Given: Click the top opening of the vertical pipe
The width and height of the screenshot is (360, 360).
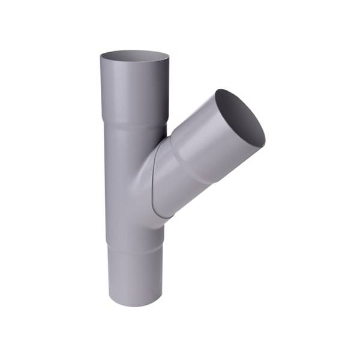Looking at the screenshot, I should pyautogui.click(x=134, y=57).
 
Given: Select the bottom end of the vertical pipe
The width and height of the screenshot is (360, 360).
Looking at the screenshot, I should pyautogui.click(x=135, y=300).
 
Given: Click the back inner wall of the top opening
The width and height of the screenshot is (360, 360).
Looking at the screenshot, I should pyautogui.click(x=134, y=53).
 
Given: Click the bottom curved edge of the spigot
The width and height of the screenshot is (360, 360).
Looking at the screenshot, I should pyautogui.click(x=135, y=305).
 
